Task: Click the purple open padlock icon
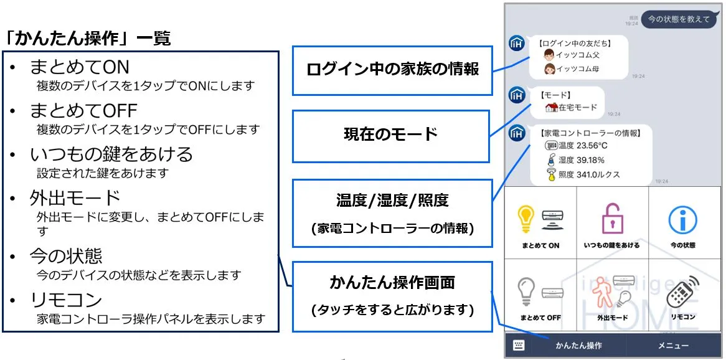coord(611,218)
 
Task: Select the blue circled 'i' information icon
coord(683,220)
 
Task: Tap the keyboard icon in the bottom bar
coord(519,345)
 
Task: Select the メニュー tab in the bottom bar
coord(673,346)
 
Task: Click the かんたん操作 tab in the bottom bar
coord(579,346)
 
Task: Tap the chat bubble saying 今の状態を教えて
coord(678,19)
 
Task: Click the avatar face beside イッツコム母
coord(550,70)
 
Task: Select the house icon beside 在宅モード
coord(551,108)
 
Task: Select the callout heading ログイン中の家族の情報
coord(393,69)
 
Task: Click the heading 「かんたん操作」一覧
coord(88,38)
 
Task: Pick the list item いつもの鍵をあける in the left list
coord(111,154)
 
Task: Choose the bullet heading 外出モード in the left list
coord(75,198)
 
